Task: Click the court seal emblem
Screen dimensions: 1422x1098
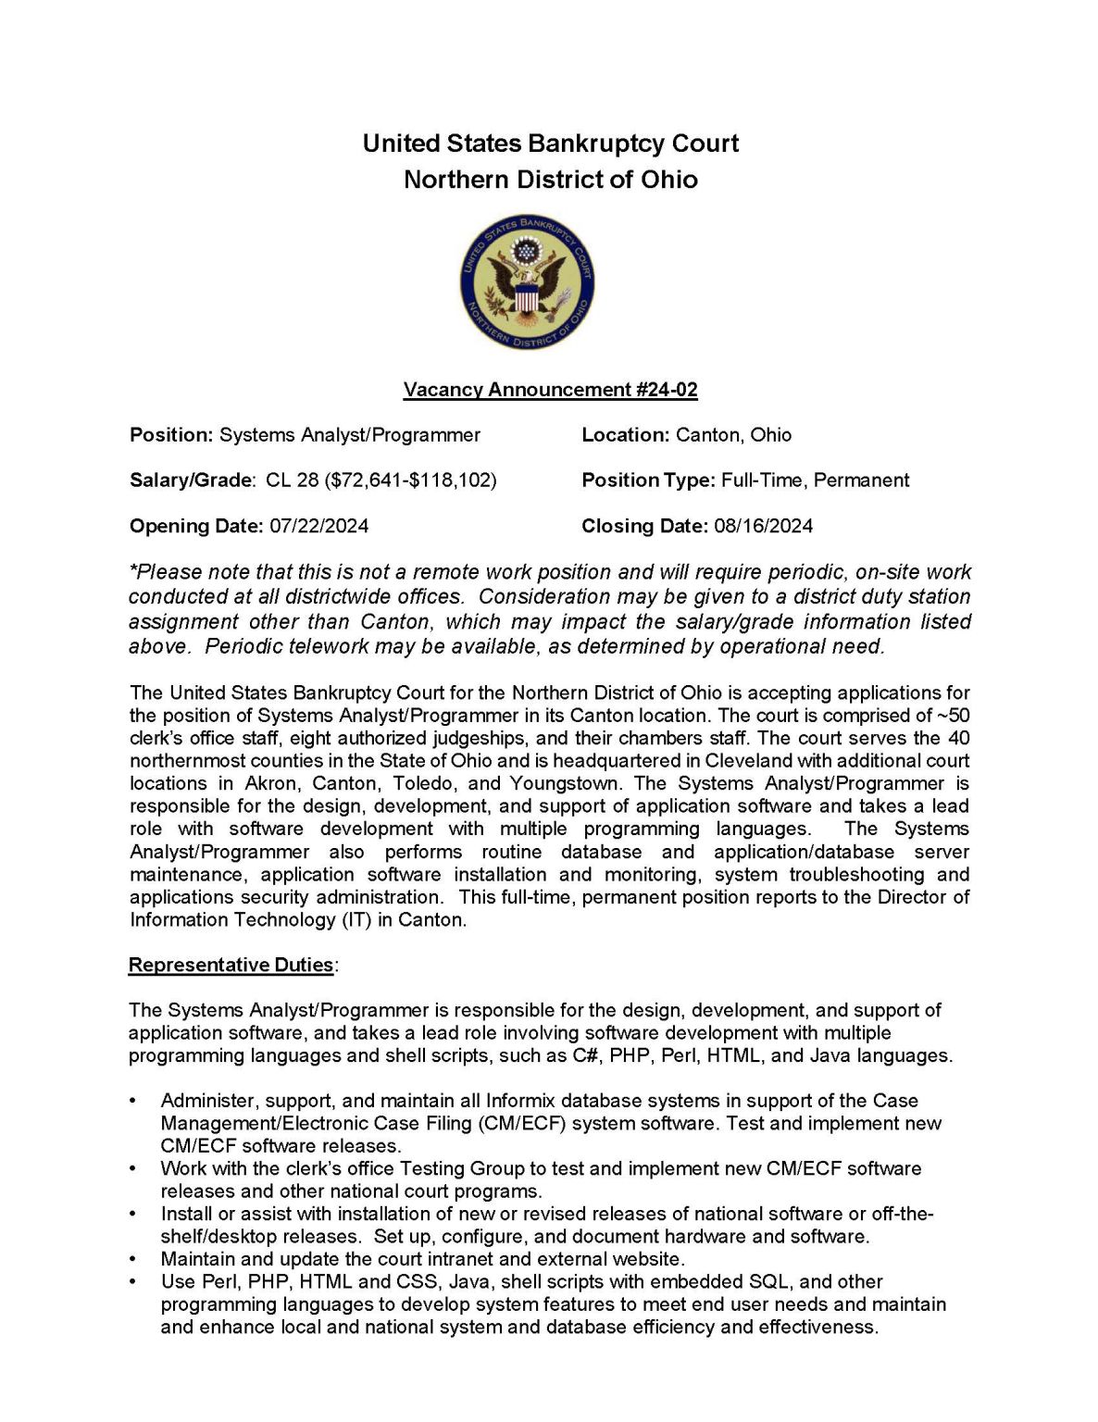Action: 527,284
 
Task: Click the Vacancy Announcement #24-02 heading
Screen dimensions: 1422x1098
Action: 550,390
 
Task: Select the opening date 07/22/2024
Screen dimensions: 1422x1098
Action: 318,526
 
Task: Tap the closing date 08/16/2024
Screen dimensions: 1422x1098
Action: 763,526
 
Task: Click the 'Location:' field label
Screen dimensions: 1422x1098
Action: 625,435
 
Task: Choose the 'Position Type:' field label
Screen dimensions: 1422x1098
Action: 648,480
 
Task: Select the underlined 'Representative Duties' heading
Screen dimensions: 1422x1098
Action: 231,966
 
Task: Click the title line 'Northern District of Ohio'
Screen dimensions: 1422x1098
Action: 550,179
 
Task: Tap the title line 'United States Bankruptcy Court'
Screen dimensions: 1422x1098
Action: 550,143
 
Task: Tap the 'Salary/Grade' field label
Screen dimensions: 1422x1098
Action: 191,480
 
